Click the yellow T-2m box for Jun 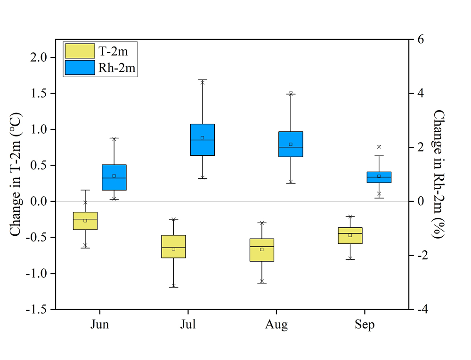coord(85,221)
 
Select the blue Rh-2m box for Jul coord(203,140)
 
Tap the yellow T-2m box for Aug coord(262,250)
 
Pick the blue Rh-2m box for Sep coord(379,177)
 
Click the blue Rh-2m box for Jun coord(114,177)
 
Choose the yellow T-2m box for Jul coord(173,247)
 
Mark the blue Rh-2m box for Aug coord(291,144)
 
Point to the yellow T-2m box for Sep coord(350,236)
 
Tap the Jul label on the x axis coord(188,325)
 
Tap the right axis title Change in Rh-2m coord(439,174)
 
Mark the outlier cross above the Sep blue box coord(379,147)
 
